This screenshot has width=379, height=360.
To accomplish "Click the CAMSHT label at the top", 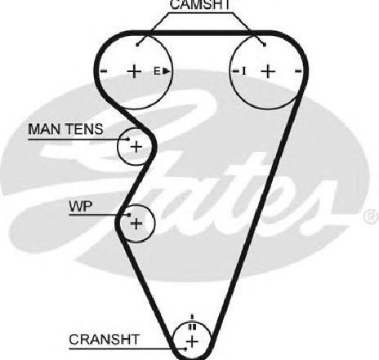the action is click(x=200, y=5).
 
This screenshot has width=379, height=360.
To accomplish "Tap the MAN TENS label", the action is click(x=65, y=129).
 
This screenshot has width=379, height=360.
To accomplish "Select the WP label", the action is click(x=81, y=207).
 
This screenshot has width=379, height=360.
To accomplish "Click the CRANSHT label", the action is click(x=104, y=340).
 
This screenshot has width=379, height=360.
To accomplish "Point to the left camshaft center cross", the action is click(x=134, y=71).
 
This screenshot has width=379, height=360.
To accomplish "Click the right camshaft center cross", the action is click(x=268, y=71).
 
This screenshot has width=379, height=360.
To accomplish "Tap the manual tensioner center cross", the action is click(x=136, y=147).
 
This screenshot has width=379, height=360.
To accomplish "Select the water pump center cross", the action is click(x=136, y=224).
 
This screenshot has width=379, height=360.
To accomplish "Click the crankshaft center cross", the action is click(x=193, y=341).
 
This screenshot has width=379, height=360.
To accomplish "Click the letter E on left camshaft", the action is click(x=157, y=71).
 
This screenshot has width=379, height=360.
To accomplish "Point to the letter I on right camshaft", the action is click(x=244, y=71).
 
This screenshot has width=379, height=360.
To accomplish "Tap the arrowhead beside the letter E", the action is click(x=166, y=71).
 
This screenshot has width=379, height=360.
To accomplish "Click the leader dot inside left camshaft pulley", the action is click(x=138, y=45).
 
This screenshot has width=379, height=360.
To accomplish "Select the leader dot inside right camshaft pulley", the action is click(x=265, y=45).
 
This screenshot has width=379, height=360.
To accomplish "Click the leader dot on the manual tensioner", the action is click(x=128, y=140).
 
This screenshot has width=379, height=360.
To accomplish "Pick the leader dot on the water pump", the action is click(x=129, y=215).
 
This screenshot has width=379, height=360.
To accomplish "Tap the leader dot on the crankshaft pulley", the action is click(x=185, y=349).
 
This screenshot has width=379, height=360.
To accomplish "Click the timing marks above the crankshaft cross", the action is click(x=192, y=322).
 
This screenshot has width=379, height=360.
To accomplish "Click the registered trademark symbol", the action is click(x=372, y=217).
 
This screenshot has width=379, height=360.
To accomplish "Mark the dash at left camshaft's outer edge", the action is click(x=104, y=71).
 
